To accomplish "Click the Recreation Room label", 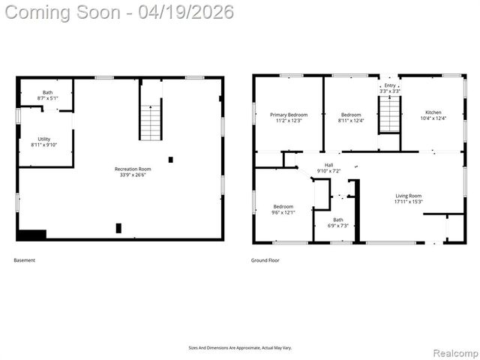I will coord(133,169).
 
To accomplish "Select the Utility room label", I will coord(45,139).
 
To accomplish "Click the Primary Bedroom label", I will coord(289,115).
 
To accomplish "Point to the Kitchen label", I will coord(433,112).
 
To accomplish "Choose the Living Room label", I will coord(409,196).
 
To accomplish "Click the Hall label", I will coord(328,165).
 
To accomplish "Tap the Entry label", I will coord(389,85).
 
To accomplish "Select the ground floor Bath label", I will coord(338,220).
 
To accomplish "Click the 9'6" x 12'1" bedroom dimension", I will coord(283,212).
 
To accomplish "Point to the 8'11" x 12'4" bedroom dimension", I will coord(350,121).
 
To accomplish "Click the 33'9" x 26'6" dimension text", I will coord(133,175).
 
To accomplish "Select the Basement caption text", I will coord(24,260).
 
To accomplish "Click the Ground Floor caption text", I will coord(265,260).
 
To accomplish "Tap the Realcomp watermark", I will coord(456,352).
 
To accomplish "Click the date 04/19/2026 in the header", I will coord(185,12).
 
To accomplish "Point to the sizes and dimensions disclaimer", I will coord(240,348).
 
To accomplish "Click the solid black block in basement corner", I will coord(31,235).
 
